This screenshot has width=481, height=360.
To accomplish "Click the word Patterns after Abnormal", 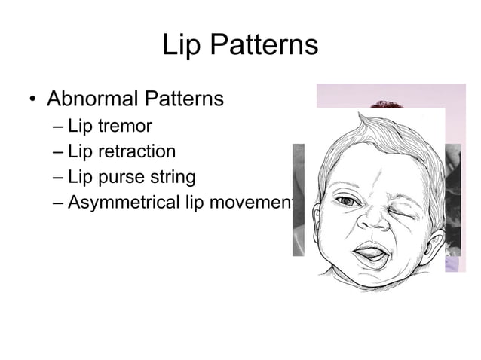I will click(185, 99).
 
